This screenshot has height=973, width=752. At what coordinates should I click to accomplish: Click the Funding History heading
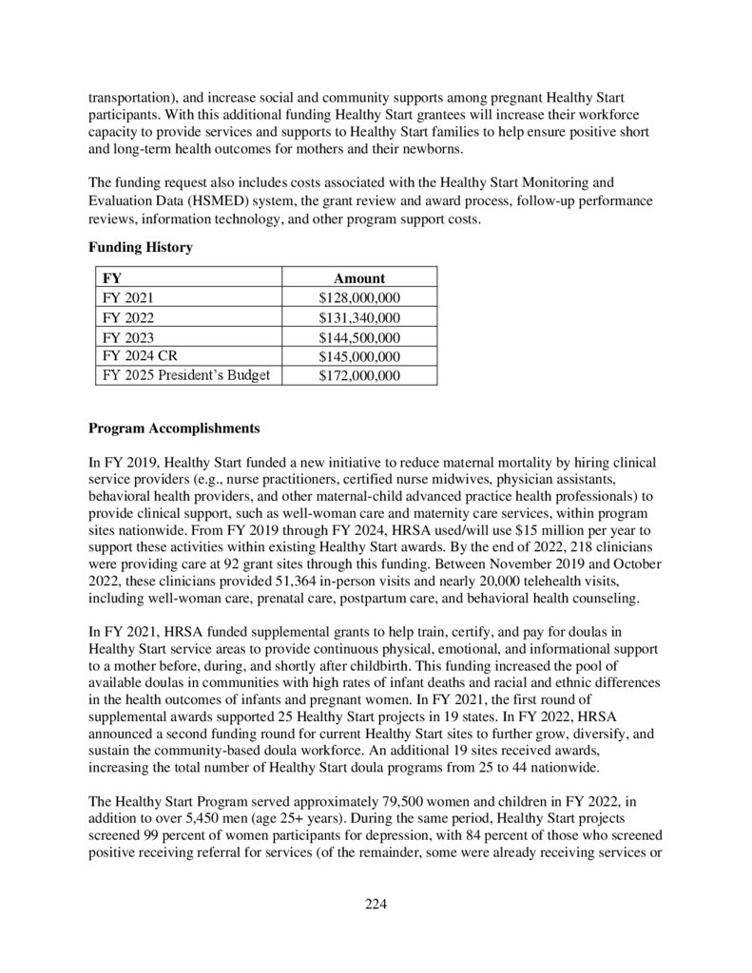pos(141,248)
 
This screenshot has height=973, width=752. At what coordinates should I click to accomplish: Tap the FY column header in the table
pos(111,278)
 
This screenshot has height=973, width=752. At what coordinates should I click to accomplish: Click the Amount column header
pos(359,278)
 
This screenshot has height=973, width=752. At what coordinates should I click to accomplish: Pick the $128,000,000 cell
pos(359,298)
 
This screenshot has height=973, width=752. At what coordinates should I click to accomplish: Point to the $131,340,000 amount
pos(359,317)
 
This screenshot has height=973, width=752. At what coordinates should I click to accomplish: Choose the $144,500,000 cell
pos(359,338)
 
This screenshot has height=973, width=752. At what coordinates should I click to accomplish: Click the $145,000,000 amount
pos(359,356)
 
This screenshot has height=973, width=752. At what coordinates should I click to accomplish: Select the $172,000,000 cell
pos(359,375)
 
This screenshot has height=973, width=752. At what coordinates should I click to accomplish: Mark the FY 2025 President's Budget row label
pos(185,375)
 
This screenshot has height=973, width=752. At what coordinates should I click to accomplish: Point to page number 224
pos(376,903)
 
